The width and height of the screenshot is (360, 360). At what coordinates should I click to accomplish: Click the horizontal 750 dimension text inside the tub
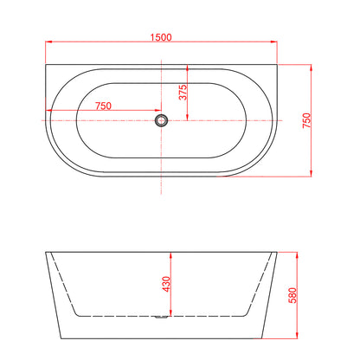coord(102,106)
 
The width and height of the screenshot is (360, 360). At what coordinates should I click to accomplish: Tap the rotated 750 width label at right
coord(304,119)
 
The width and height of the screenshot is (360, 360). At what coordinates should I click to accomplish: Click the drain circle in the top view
coord(161,120)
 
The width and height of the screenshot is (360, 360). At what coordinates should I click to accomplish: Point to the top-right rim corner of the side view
coord(278,254)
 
